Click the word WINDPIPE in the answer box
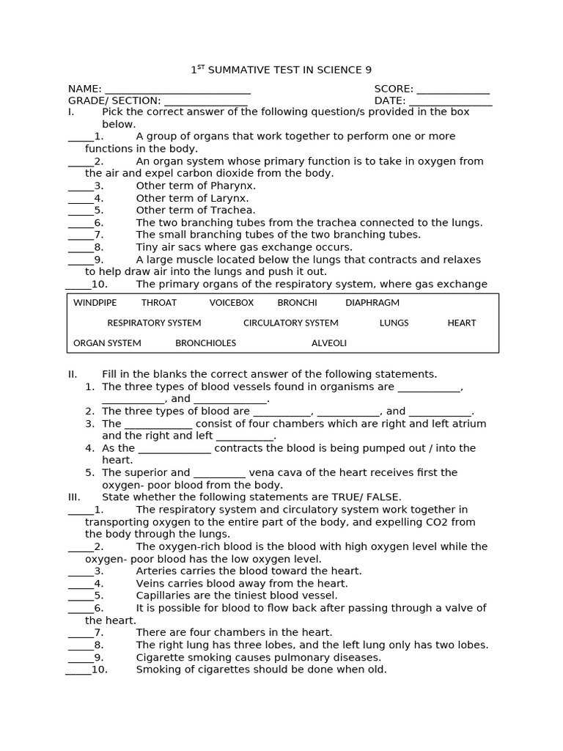95,303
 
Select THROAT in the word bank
159,303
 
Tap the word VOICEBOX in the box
232,303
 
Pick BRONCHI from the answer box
297,303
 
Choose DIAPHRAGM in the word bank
372,303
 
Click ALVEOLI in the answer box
329,343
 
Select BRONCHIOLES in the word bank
206,343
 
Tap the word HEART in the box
462,323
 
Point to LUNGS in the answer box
394,323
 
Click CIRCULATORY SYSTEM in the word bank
291,323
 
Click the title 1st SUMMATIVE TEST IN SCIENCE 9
281,70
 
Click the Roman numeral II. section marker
73,374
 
